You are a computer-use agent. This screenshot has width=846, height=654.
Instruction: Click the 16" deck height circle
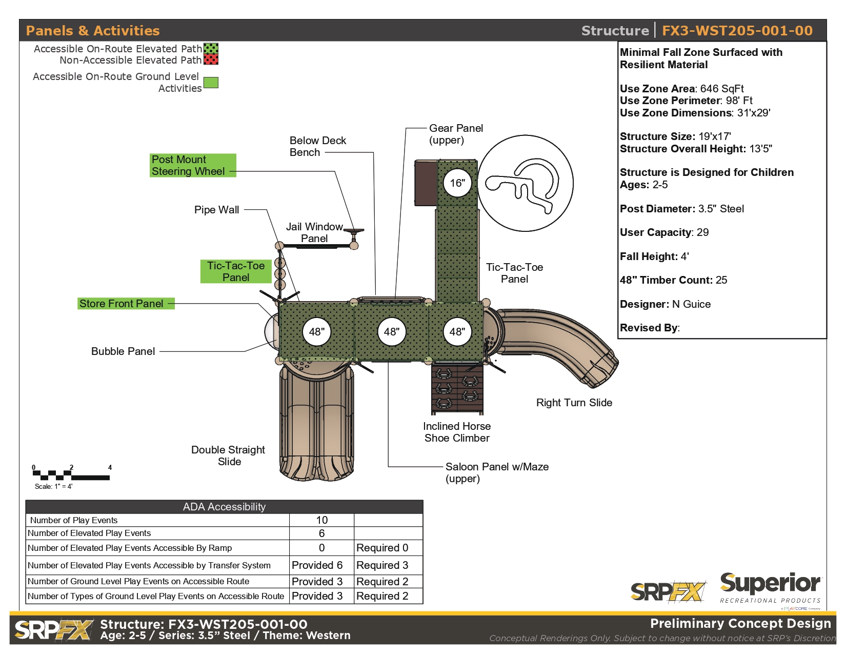(x=457, y=183)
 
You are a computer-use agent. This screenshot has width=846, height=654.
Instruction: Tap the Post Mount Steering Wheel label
(x=193, y=165)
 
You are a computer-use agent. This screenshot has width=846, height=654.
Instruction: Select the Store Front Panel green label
(x=126, y=304)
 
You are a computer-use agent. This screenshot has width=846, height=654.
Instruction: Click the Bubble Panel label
(x=123, y=351)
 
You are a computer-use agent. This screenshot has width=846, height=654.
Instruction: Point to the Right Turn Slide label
(x=574, y=402)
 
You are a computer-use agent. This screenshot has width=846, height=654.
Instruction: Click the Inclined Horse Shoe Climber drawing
(x=457, y=388)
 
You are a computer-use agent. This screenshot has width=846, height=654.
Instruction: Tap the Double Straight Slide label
(x=229, y=455)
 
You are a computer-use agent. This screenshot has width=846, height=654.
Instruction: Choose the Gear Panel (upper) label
(x=455, y=134)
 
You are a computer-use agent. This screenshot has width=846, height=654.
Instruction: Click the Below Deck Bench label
(x=318, y=146)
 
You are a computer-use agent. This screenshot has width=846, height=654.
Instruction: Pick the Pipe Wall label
(x=216, y=210)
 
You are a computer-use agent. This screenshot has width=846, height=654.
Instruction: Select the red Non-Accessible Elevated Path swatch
(x=211, y=60)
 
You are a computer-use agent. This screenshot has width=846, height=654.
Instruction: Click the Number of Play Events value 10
(x=321, y=520)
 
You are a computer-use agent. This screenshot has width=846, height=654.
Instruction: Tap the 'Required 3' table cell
(x=382, y=565)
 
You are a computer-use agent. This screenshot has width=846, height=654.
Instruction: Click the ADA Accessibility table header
(x=224, y=507)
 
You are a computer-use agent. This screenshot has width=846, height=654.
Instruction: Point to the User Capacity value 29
(x=703, y=232)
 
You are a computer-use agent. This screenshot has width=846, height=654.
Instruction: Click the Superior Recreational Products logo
(x=771, y=589)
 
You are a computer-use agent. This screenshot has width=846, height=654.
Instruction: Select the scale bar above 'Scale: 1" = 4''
(x=71, y=475)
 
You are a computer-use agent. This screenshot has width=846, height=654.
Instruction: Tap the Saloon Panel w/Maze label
(x=497, y=472)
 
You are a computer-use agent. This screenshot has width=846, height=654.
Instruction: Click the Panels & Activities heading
(x=93, y=30)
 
